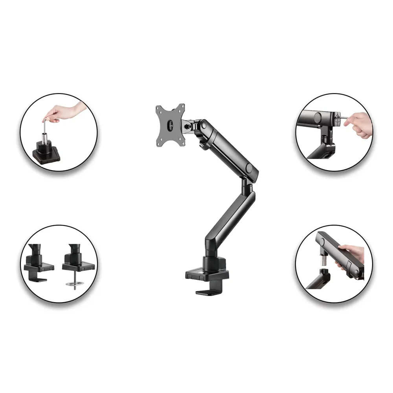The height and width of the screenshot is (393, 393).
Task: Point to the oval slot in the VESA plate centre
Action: coord(170,125)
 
